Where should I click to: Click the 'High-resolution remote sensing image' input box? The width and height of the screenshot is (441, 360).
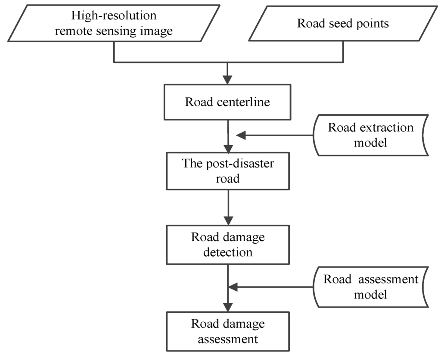click(x=114, y=24)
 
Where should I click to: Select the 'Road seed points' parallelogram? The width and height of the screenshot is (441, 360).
click(x=343, y=24)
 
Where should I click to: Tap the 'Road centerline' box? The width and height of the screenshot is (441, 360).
click(x=228, y=102)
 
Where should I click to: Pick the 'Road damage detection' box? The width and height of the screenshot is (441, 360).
click(x=228, y=245)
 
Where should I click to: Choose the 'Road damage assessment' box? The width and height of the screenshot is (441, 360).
click(x=228, y=332)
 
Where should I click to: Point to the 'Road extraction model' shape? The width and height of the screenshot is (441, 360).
click(x=370, y=135)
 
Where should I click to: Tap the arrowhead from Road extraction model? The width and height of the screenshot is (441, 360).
click(x=241, y=135)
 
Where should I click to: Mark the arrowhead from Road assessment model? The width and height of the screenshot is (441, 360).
click(x=233, y=287)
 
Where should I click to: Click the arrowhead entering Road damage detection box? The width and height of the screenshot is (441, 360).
click(x=228, y=220)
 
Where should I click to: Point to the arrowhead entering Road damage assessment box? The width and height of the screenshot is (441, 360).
click(x=228, y=307)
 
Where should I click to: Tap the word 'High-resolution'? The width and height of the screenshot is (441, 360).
click(x=114, y=16)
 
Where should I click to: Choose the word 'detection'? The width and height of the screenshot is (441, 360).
click(x=228, y=251)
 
